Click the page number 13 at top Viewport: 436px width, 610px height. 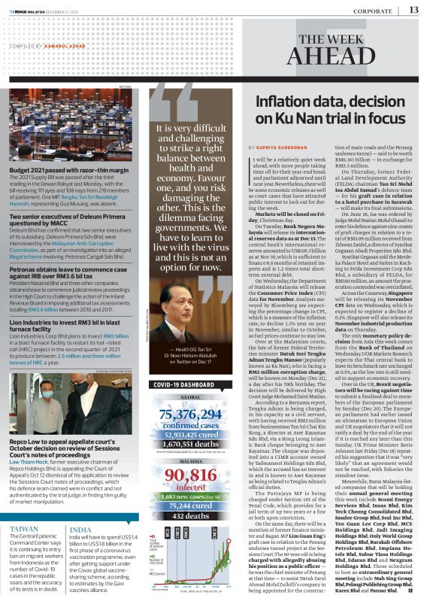pyautogui.click(x=414, y=9)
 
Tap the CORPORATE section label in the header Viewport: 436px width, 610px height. pyautogui.click(x=371, y=9)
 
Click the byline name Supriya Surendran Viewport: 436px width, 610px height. pyautogui.click(x=284, y=147)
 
